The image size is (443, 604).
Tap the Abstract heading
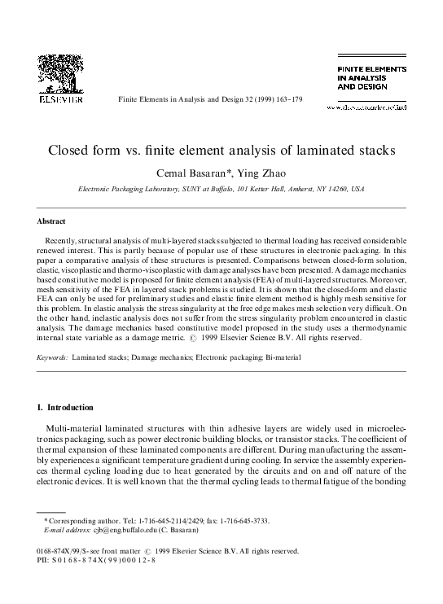pos(51,221)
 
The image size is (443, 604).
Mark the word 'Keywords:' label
pos(53,357)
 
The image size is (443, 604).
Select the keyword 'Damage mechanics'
pos(156,357)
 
